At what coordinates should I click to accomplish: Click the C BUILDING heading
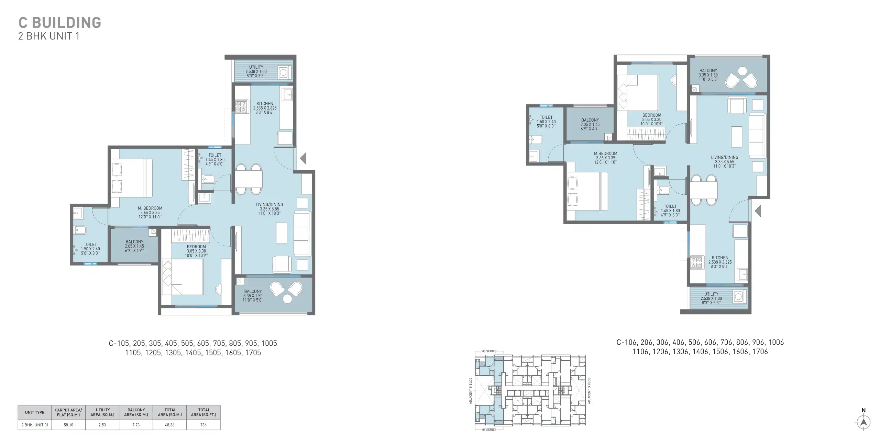(59, 23)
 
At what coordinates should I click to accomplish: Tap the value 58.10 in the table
(68, 425)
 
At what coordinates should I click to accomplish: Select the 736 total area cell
(203, 425)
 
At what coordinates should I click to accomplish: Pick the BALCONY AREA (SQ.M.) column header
(136, 412)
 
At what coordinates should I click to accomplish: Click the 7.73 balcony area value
(136, 425)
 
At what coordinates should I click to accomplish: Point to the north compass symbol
(864, 422)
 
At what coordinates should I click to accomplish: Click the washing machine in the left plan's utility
(283, 72)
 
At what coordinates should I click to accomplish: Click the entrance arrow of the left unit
(303, 159)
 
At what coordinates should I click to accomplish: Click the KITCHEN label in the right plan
(720, 258)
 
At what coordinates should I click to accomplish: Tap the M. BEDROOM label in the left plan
(150, 208)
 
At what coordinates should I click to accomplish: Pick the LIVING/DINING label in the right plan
(724, 158)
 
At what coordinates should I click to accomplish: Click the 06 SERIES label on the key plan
(489, 351)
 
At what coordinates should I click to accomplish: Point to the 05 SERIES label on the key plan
(489, 430)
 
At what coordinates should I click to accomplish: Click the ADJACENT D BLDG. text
(589, 390)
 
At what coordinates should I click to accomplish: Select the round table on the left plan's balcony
(287, 299)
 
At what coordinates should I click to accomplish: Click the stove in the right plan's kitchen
(696, 263)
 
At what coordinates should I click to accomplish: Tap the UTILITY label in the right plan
(711, 294)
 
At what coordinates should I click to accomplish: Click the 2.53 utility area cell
(102, 425)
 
